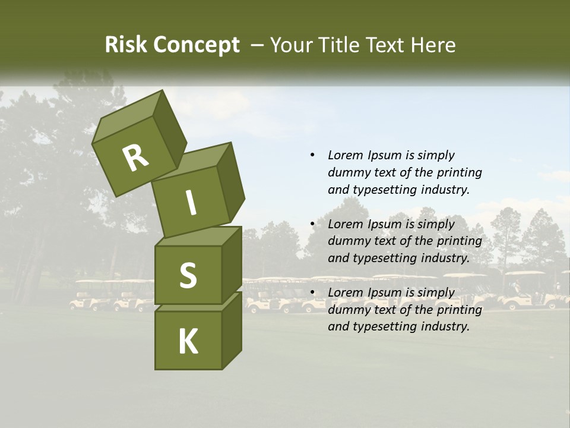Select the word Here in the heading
(433, 45)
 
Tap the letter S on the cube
(188, 275)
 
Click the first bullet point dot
(312, 155)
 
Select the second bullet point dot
(312, 224)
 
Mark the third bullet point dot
(312, 292)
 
